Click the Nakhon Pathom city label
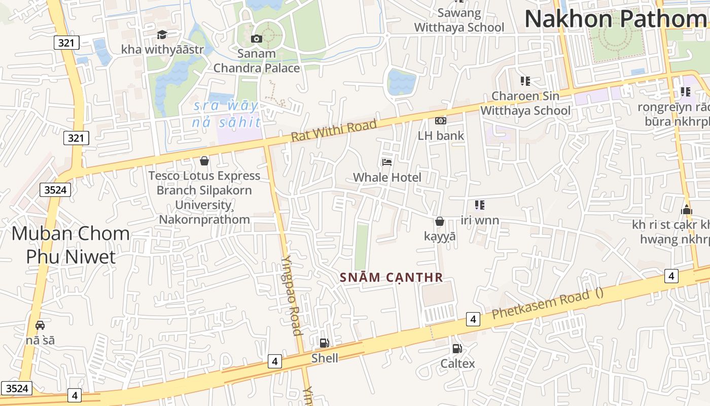615,19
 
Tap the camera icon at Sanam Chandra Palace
257,39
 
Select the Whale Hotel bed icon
387,162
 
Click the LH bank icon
441,121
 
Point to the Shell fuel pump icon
324,343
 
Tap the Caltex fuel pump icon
457,349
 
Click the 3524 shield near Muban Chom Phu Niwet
55,190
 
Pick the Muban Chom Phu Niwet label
70,245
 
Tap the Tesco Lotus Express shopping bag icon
204,161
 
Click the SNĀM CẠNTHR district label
392,278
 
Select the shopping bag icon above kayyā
440,221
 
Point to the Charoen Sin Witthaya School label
525,103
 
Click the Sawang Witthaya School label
459,20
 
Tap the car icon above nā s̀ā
40,325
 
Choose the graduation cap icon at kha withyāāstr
162,35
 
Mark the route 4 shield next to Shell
274,361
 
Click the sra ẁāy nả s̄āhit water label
226,114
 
